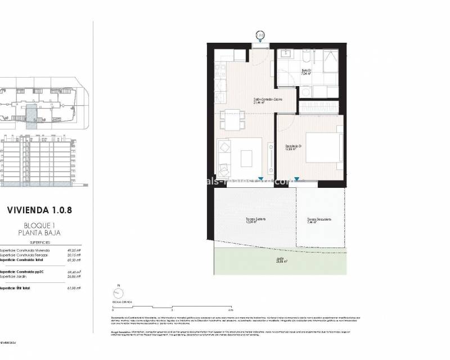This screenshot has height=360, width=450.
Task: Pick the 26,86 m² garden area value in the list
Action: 74,276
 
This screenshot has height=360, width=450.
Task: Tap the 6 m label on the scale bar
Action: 231,310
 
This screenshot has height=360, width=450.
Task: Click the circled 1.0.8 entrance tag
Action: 260,35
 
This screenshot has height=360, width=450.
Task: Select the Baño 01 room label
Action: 307,71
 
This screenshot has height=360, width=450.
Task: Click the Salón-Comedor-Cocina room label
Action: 267,101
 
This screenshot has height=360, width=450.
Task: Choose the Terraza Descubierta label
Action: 319,220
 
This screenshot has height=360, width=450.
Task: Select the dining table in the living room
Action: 233,119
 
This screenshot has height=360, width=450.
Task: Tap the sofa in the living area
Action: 224,157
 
